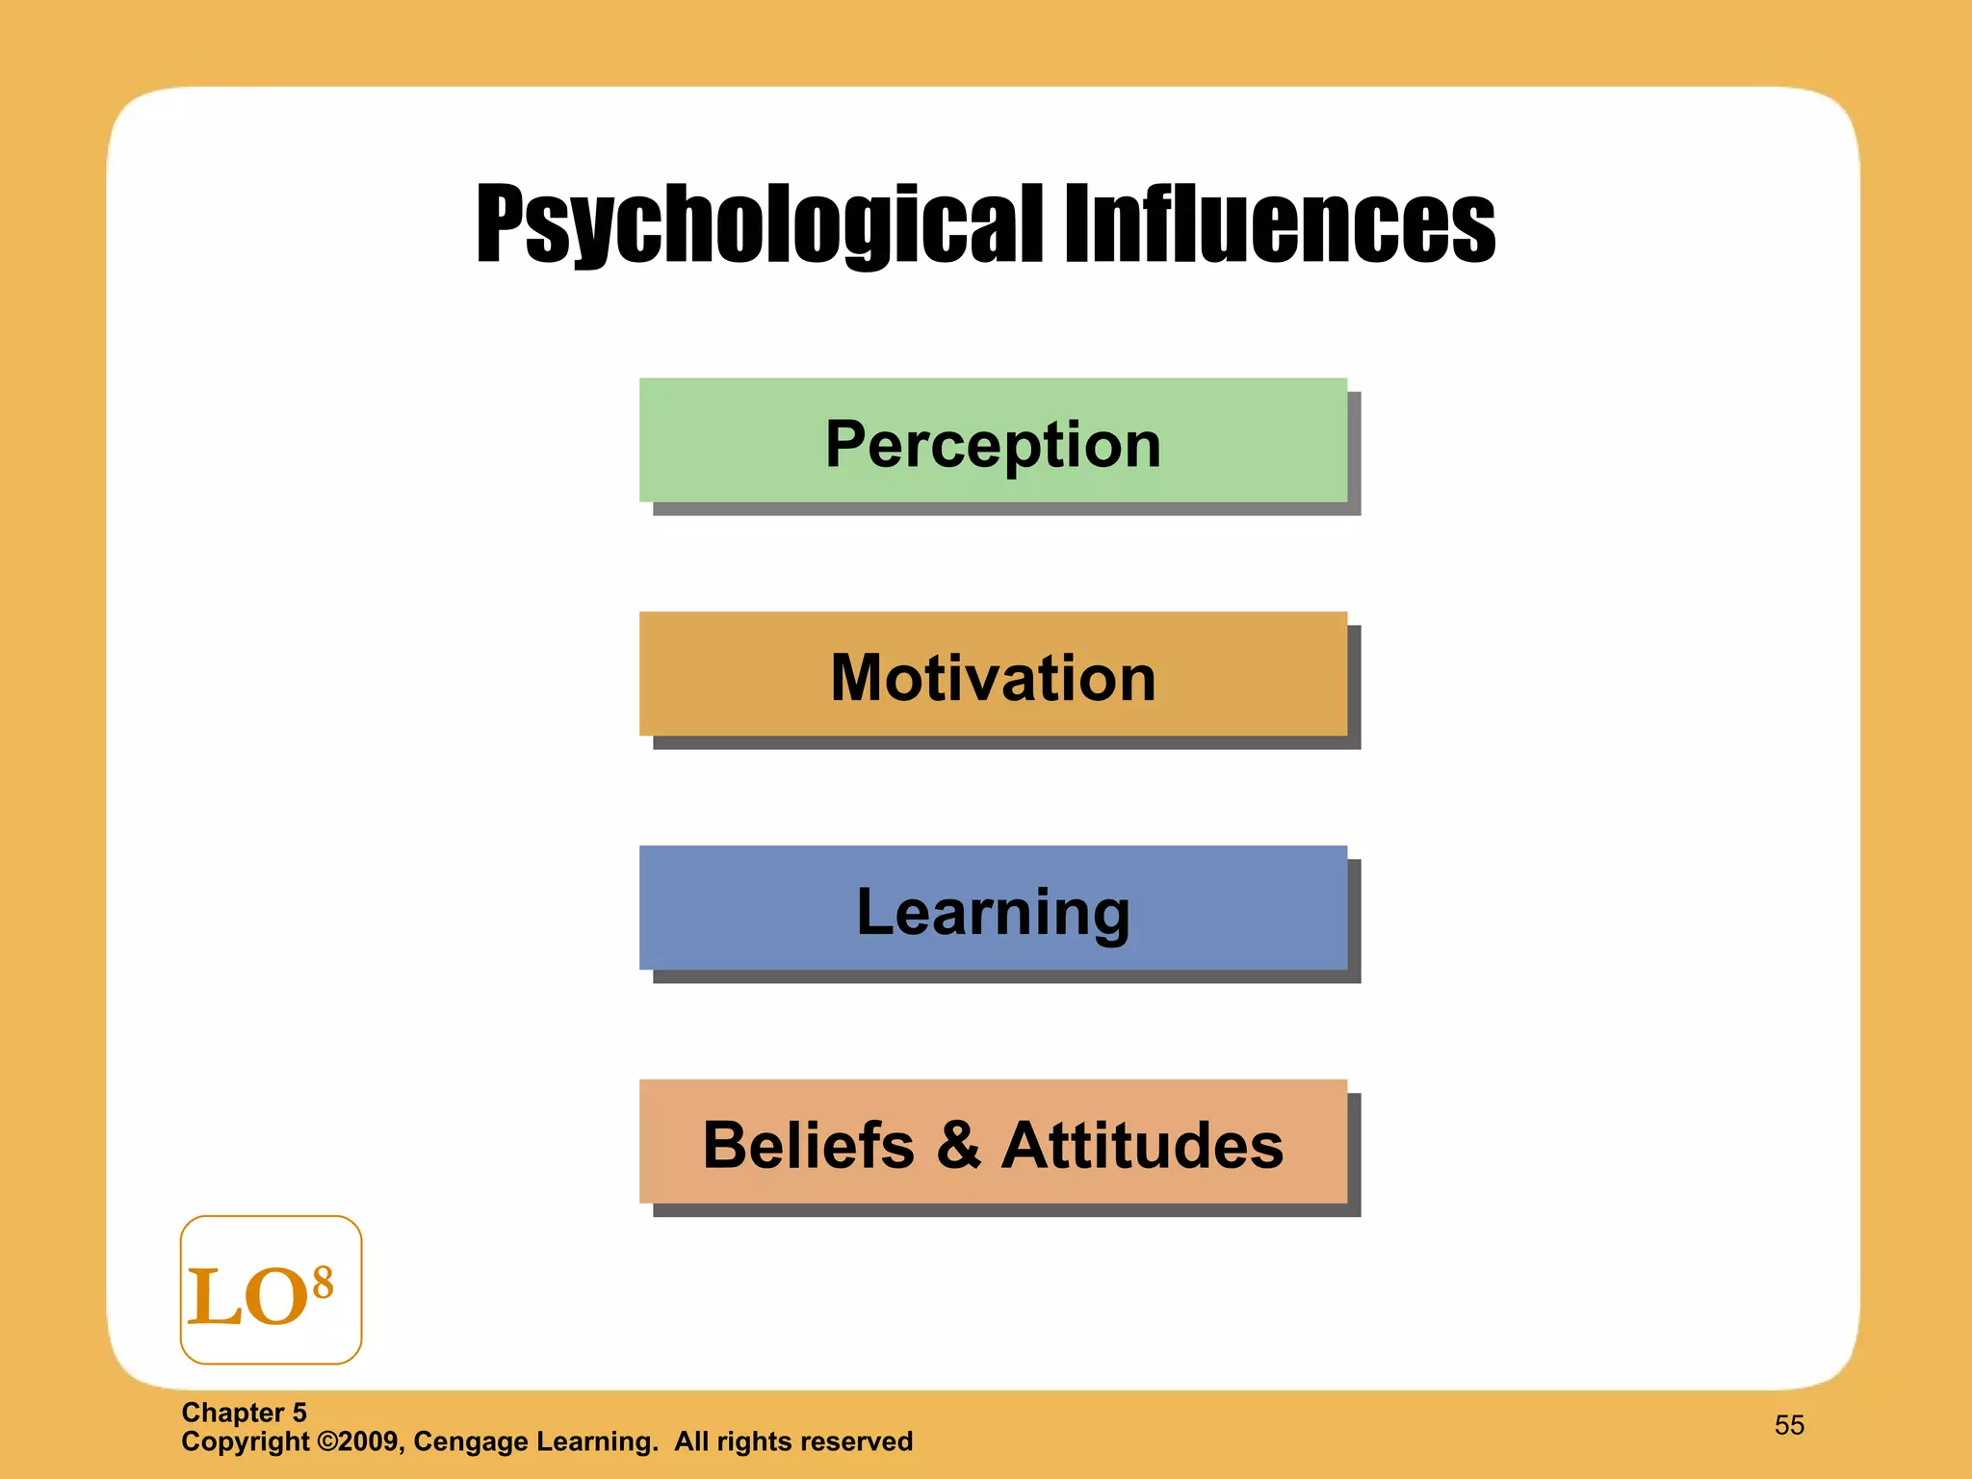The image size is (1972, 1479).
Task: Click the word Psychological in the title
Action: [759, 224]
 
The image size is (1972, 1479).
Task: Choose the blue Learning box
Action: [993, 909]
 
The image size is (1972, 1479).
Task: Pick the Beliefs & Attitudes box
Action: [993, 1143]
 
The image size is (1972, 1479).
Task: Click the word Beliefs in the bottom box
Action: [808, 1145]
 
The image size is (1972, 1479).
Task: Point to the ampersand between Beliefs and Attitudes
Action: [958, 1145]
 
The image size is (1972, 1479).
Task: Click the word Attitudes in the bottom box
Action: [1142, 1145]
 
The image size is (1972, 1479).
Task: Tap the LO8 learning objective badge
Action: [271, 1289]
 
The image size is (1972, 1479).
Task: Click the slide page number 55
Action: [1789, 1425]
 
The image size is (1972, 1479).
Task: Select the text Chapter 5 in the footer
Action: [244, 1413]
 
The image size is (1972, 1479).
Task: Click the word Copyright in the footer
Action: [246, 1441]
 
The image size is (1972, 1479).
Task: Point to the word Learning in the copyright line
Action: [597, 1441]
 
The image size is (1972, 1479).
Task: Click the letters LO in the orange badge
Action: [247, 1296]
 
